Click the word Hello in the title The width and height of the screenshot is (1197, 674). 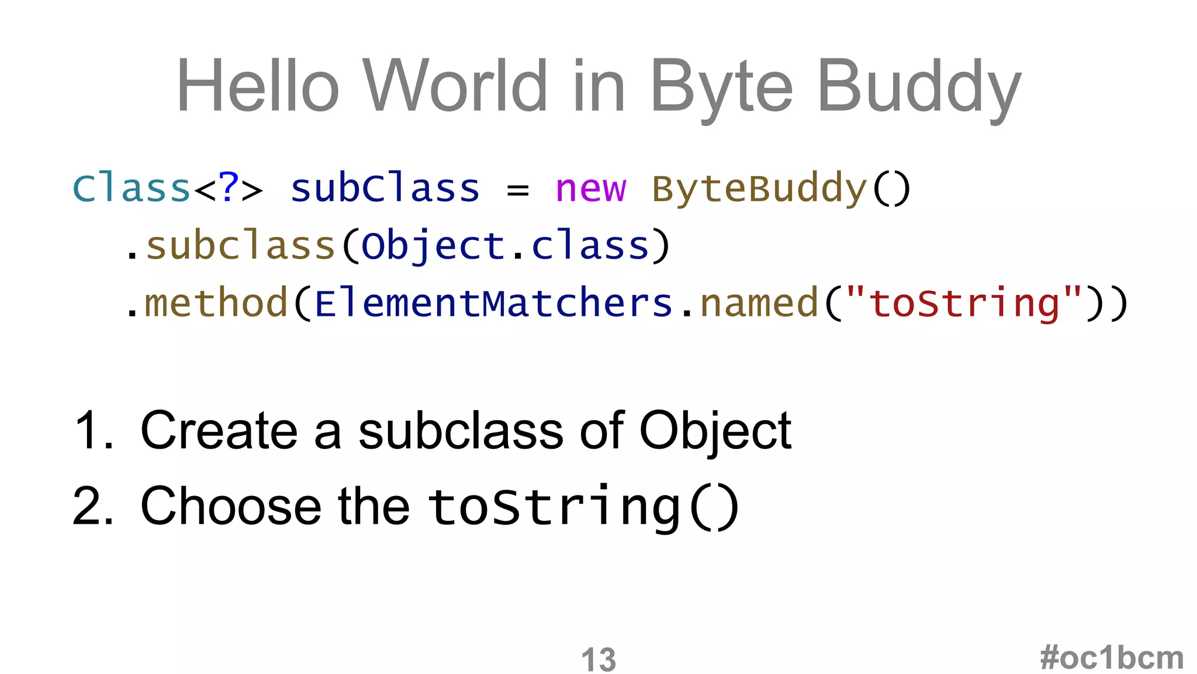(x=257, y=86)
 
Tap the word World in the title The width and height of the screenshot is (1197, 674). (x=455, y=86)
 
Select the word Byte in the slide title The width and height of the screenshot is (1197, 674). (x=721, y=88)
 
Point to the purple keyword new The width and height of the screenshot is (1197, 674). (x=590, y=189)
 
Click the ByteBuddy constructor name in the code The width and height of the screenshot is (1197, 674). (x=759, y=189)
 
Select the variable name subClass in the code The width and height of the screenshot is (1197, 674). (x=385, y=189)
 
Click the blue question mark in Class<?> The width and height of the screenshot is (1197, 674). (x=229, y=188)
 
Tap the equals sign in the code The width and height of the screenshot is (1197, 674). (x=517, y=190)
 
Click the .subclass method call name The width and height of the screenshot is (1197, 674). (x=240, y=246)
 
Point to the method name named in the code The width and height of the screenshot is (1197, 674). (x=759, y=303)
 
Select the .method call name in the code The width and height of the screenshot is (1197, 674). (x=216, y=303)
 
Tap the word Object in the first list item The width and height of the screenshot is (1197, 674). (x=715, y=432)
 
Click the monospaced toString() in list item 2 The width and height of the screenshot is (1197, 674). (x=583, y=507)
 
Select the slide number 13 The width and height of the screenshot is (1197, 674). (x=598, y=659)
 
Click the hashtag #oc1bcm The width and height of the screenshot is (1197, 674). (x=1112, y=658)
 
